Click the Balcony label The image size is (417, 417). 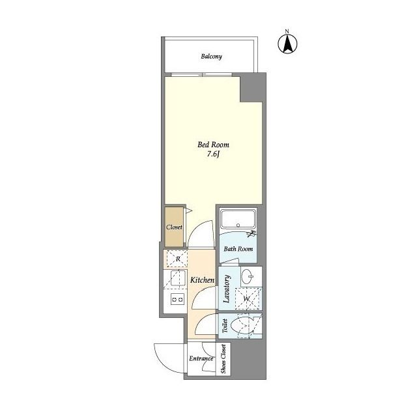pyautogui.click(x=211, y=57)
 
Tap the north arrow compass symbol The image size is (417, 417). pyautogui.click(x=287, y=44)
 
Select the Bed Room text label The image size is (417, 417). pyautogui.click(x=213, y=145)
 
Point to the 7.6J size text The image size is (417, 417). pyautogui.click(x=213, y=154)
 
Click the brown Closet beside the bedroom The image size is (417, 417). pyautogui.click(x=174, y=227)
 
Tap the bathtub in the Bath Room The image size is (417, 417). pyautogui.click(x=238, y=219)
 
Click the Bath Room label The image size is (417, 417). pyautogui.click(x=238, y=249)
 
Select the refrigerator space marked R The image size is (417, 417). pyautogui.click(x=177, y=259)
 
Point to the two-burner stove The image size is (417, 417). pyautogui.click(x=177, y=300)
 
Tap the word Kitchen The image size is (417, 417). pyautogui.click(x=202, y=280)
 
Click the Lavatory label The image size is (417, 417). pyautogui.click(x=227, y=289)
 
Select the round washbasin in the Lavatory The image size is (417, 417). pyautogui.click(x=248, y=276)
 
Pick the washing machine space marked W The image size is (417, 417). pyautogui.click(x=248, y=298)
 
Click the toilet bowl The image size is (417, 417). pyautogui.click(x=242, y=326)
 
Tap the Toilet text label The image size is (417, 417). pyautogui.click(x=225, y=326)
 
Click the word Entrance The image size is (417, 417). pyautogui.click(x=201, y=358)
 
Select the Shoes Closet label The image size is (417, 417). pyautogui.click(x=223, y=359)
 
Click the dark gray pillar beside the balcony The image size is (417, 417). pyautogui.click(x=252, y=88)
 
